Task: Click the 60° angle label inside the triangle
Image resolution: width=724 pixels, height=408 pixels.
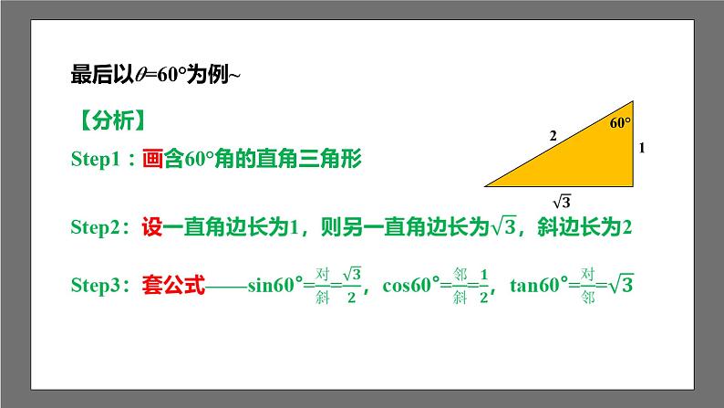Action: coord(620,121)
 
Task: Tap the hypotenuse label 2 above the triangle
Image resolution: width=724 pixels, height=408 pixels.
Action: coord(552,136)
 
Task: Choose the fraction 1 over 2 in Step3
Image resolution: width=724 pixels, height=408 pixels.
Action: coord(483,285)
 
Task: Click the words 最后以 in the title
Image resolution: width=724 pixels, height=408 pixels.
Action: coord(95,77)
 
